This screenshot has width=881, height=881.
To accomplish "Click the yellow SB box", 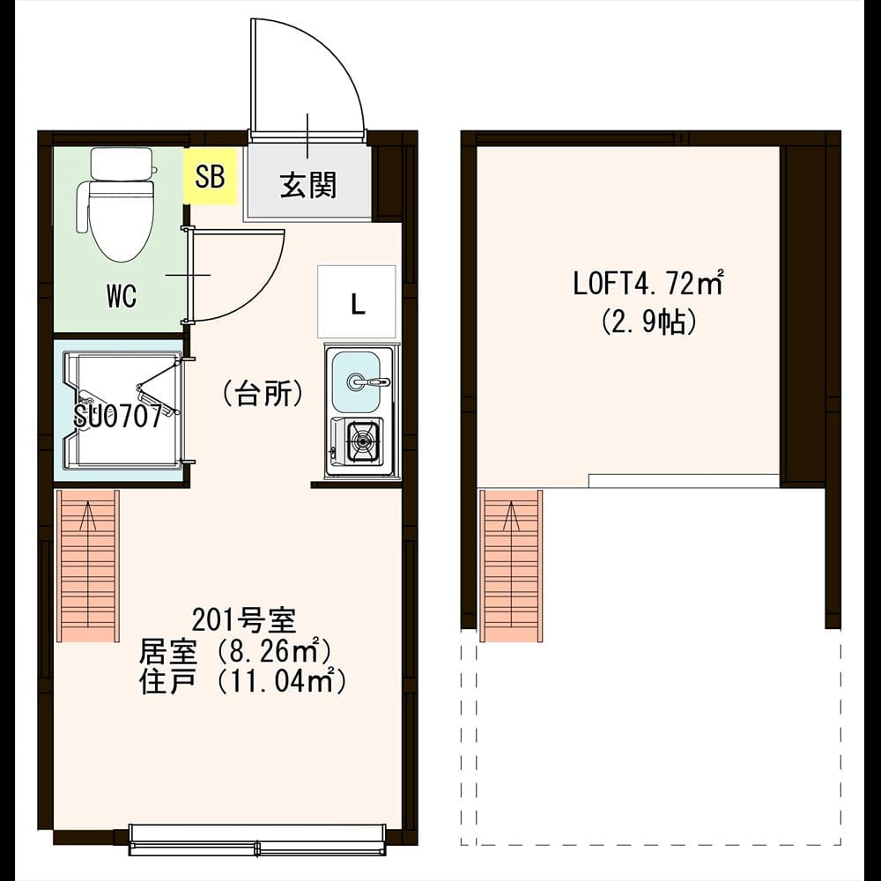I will tap(211, 176).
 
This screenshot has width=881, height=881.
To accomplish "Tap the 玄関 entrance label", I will tap(308, 185).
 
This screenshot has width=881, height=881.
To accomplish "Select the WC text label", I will tap(122, 297).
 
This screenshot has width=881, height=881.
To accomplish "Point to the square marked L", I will tap(357, 304).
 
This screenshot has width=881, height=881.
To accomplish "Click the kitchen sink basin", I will tap(356, 381).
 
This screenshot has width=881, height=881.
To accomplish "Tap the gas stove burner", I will tap(362, 440).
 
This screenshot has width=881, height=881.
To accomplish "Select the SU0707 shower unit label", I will tap(118, 417).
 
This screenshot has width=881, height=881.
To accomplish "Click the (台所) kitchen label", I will tap(262, 393).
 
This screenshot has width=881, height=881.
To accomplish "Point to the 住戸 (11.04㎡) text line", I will tap(241, 681).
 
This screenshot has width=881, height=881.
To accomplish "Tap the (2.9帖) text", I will tap(649, 322).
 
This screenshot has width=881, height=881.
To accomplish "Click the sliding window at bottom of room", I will tap(257, 839).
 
